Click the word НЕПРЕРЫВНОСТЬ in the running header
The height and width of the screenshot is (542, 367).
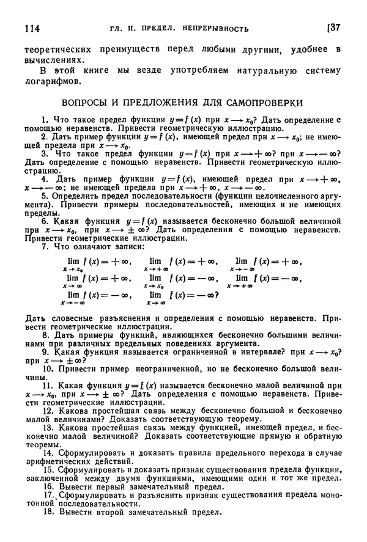pos(212,28)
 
